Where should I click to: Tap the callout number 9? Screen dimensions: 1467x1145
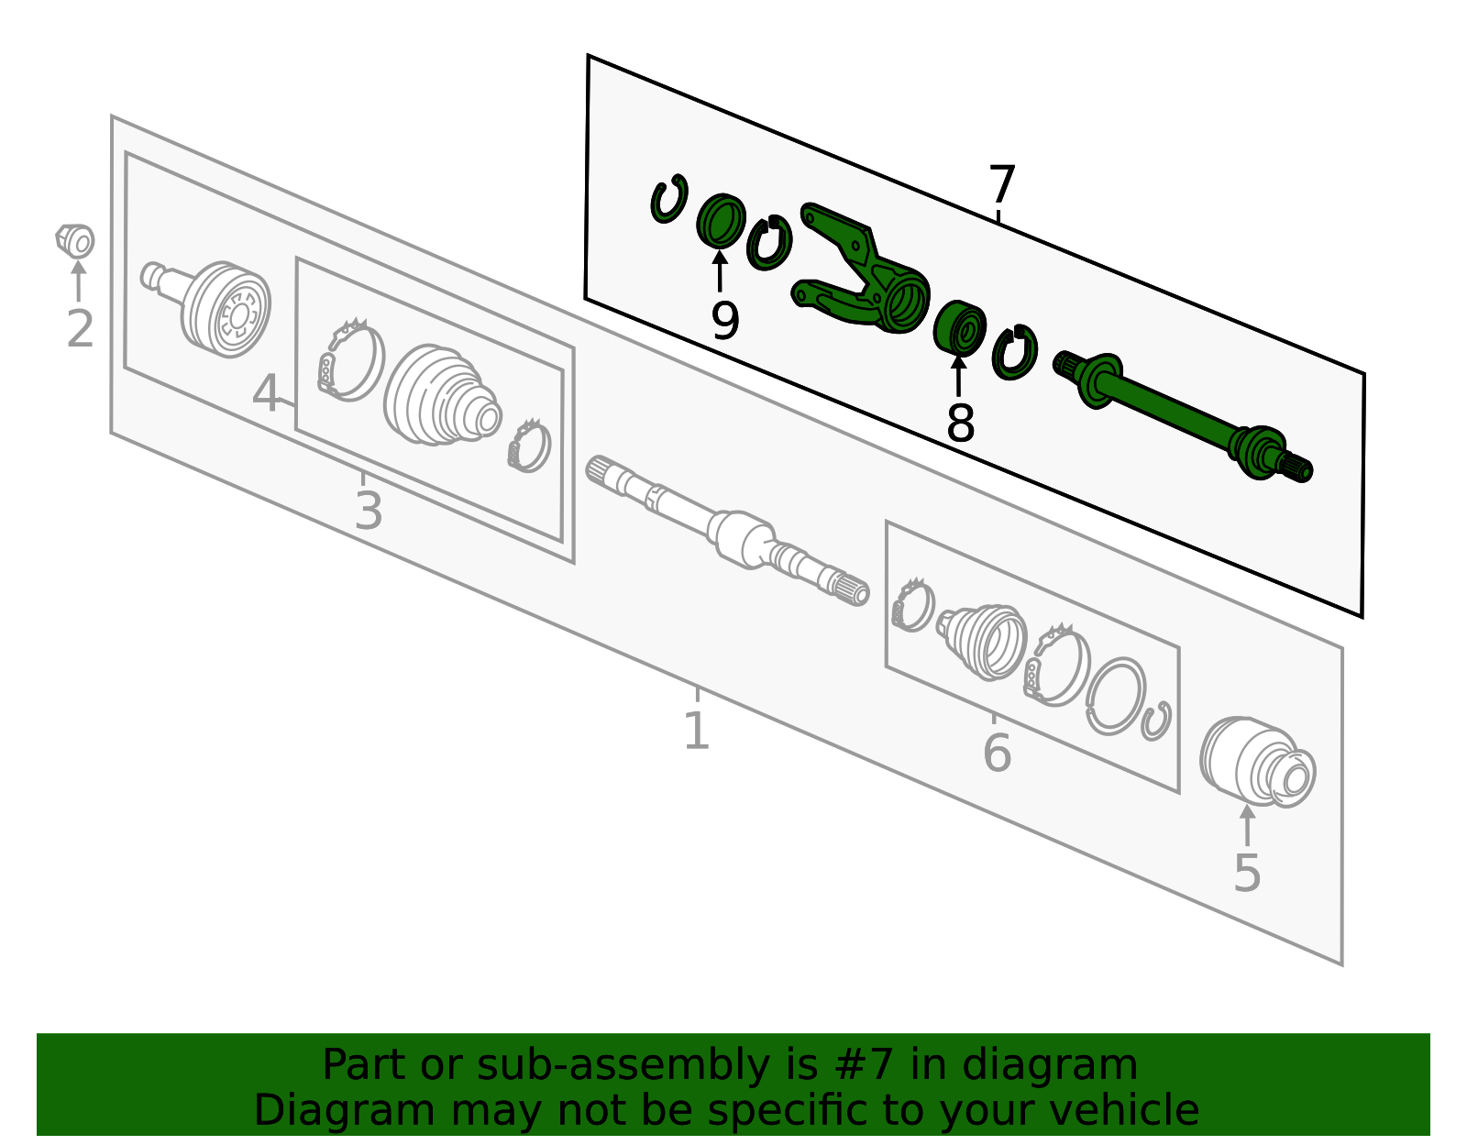pyautogui.click(x=725, y=321)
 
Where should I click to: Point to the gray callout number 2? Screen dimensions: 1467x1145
pyautogui.click(x=80, y=329)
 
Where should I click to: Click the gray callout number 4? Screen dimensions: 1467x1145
pyautogui.click(x=266, y=394)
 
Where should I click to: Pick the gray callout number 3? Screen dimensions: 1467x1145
pyautogui.click(x=369, y=512)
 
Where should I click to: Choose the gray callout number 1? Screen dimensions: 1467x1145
pyautogui.click(x=697, y=731)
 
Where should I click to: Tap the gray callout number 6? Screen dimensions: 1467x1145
pyautogui.click(x=998, y=753)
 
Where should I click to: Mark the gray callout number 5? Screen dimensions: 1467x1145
pyautogui.click(x=1247, y=874)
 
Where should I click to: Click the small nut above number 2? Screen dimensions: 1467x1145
pyautogui.click(x=75, y=241)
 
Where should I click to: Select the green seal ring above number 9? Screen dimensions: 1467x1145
pyautogui.click(x=721, y=221)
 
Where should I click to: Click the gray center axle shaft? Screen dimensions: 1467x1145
pyautogui.click(x=728, y=531)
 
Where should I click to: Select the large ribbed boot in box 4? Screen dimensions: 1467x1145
pyautogui.click(x=442, y=395)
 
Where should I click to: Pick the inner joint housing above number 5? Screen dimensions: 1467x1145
pyautogui.click(x=1258, y=763)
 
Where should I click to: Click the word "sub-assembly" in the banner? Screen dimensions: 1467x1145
pyautogui.click(x=623, y=1064)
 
